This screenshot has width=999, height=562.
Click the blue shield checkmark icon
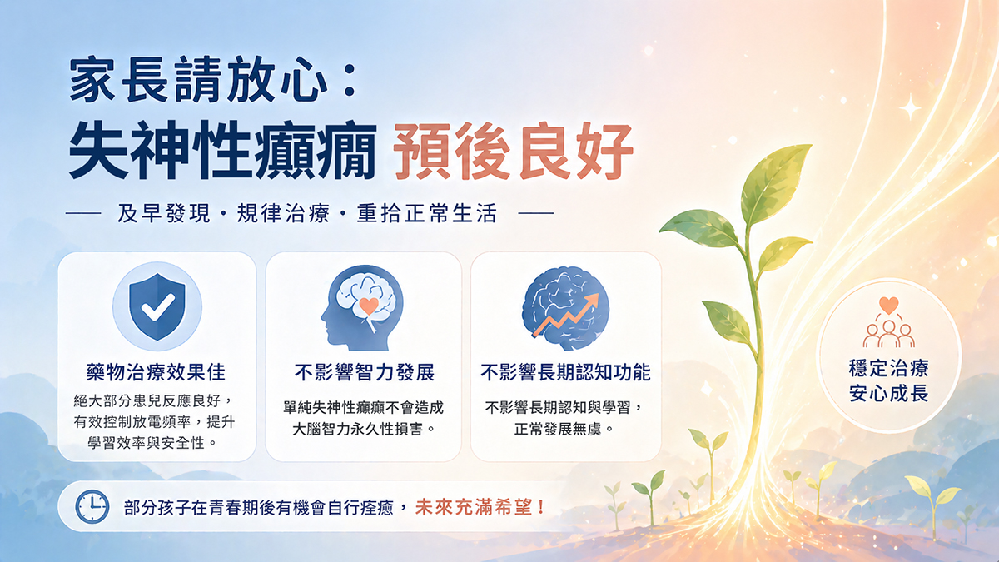157,306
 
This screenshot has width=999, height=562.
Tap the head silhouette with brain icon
362,308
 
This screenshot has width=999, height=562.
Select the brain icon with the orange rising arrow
565,308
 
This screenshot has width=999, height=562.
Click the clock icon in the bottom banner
92,507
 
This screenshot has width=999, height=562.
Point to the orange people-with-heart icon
888,322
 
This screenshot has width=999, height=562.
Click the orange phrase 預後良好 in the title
513,151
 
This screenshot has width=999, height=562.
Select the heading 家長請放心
198,80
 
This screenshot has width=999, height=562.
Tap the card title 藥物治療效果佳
157,372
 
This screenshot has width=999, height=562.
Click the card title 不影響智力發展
365,372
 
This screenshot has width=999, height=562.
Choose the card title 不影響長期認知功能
565,372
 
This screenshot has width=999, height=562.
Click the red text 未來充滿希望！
480,507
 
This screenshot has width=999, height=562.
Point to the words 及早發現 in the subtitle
163,213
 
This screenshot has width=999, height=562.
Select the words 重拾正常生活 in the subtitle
426,213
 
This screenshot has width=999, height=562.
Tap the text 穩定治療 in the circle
888,368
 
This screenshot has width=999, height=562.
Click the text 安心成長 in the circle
888,393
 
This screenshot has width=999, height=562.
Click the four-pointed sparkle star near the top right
910,107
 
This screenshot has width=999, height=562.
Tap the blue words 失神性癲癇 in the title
222,151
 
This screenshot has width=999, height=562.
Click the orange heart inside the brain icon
369,306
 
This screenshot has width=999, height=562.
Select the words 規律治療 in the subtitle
283,213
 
